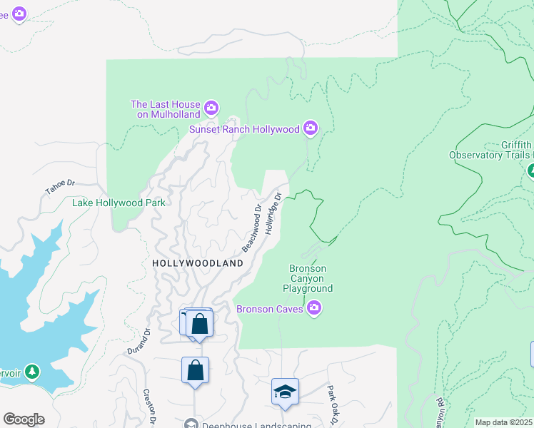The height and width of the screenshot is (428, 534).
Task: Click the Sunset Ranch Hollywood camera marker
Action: click(310, 128)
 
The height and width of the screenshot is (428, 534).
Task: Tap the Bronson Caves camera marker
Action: click(314, 308)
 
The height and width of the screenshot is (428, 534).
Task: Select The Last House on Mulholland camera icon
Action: click(211, 108)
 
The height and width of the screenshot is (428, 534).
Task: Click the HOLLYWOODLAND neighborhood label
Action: click(198, 263)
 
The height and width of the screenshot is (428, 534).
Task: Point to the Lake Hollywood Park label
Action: click(119, 203)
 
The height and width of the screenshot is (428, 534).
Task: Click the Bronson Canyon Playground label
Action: click(307, 279)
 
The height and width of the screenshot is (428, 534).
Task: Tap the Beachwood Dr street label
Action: click(251, 229)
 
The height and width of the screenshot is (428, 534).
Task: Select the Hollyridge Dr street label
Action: click(274, 213)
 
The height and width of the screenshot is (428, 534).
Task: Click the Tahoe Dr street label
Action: click(59, 187)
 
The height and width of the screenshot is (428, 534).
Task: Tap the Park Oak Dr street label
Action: click(332, 403)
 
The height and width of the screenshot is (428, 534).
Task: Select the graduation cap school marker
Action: click(285, 392)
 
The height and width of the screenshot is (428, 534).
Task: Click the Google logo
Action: click(24, 419)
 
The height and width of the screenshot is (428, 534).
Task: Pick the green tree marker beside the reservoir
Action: click(31, 372)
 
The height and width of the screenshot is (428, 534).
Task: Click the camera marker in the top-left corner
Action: click(19, 13)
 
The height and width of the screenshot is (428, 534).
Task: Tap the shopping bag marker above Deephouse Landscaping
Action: click(195, 370)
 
